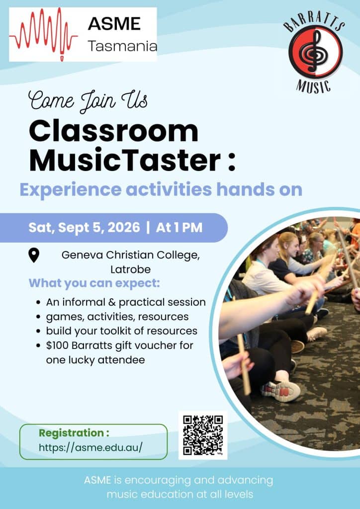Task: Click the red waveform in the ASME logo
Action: click(43, 34)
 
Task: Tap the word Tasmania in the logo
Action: click(122, 46)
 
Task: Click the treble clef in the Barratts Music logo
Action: click(313, 51)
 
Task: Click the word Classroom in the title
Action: click(113, 131)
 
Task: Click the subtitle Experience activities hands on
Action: click(161, 189)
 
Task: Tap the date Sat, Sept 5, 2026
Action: click(84, 228)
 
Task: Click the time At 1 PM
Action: click(179, 228)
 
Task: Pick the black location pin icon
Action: click(34, 255)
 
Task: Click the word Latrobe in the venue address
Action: click(130, 269)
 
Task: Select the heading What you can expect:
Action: click(94, 283)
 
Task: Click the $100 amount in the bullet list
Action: click(57, 345)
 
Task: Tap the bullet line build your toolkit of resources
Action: click(121, 331)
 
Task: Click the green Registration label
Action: click(74, 433)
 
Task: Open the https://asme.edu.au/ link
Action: click(90, 447)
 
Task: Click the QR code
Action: click(203, 435)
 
